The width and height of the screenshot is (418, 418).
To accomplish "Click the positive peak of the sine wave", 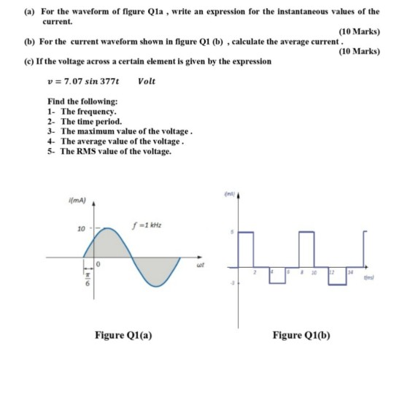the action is click(108, 228).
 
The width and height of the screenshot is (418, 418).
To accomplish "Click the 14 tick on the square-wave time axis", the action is click(350, 272).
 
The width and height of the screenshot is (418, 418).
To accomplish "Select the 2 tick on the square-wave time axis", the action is click(254, 272).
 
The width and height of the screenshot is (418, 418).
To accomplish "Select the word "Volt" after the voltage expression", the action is click(146, 81).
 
